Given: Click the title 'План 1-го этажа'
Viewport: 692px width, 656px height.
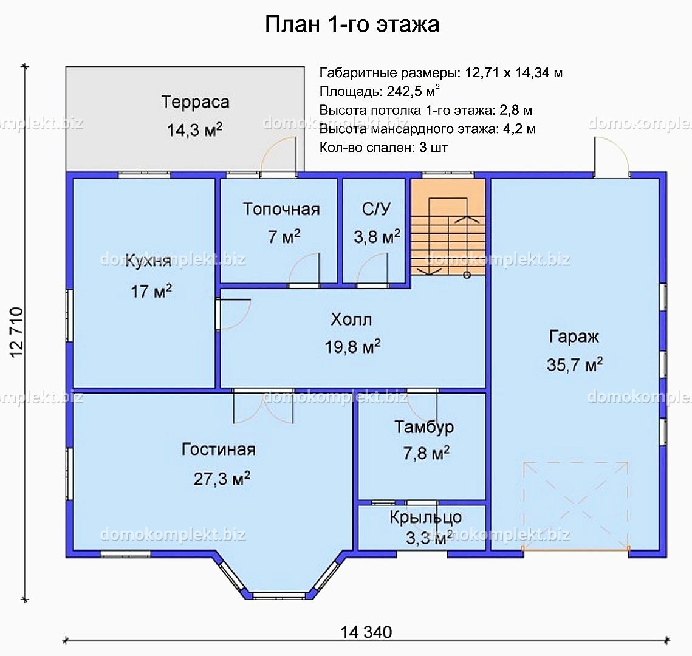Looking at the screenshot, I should [352, 24].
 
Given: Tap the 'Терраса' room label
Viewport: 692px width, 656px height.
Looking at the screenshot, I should [195, 102].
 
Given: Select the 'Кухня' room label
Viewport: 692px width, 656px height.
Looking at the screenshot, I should [148, 261].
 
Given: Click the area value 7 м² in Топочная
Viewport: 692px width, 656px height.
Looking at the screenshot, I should [284, 237].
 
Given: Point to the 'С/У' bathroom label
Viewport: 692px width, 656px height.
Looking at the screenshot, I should [376, 210].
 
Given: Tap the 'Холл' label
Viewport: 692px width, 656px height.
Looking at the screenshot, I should [351, 319].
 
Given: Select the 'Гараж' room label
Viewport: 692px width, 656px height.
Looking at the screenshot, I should [574, 337].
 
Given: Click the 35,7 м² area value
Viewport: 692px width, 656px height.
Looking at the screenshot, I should [574, 365].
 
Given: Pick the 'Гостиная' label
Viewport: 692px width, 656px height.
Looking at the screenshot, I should [218, 449].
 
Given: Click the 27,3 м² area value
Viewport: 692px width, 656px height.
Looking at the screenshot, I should [222, 479].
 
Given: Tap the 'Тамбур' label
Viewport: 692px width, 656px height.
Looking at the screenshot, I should [424, 427].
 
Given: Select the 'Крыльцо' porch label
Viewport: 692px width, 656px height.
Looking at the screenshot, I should [425, 518].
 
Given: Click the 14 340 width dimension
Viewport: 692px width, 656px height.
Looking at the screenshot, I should [366, 632].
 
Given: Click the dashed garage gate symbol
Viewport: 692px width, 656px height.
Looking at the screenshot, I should [575, 506].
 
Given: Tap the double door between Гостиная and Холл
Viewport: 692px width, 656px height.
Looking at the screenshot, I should [263, 406].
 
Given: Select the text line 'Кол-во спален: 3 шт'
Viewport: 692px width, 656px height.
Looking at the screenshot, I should [383, 148].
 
